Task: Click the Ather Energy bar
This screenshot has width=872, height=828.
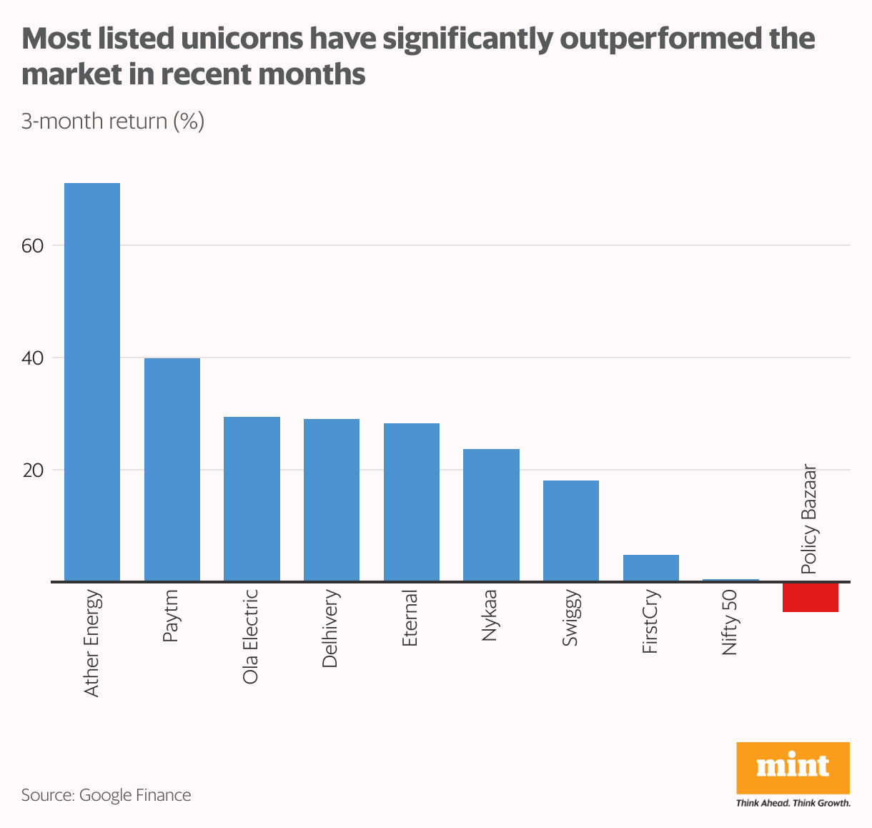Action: (92, 383)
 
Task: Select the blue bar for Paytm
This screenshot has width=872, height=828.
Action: (172, 470)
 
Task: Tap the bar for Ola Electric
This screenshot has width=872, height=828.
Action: (252, 499)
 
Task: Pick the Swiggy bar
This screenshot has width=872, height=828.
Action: (571, 531)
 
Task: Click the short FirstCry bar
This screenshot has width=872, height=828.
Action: (650, 568)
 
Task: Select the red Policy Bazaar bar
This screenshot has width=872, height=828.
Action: (811, 598)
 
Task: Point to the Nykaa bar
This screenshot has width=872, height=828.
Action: (491, 516)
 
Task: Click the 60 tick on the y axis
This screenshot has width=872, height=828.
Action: (33, 245)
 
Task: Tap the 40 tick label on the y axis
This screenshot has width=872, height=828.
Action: (33, 358)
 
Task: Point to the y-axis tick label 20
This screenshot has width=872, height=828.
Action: (33, 470)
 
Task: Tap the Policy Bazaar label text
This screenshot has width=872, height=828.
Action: (809, 520)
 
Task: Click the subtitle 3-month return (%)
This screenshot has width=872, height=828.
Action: (113, 121)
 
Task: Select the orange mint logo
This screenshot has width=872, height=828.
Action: (793, 768)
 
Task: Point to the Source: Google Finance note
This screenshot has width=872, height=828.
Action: (106, 795)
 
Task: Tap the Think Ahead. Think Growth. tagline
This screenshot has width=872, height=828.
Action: (793, 803)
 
